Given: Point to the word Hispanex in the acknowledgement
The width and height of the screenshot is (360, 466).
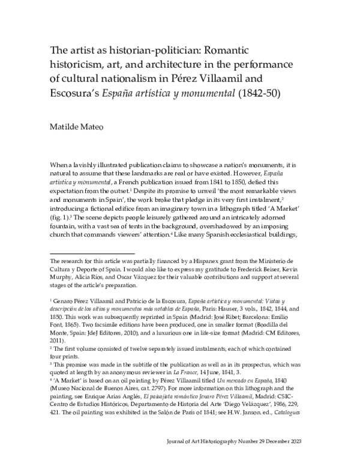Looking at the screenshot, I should (x=190, y=261).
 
